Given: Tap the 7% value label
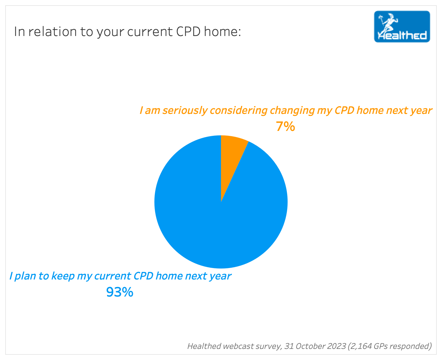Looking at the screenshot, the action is click(285, 127).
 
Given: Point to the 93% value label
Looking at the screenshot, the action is click(120, 292).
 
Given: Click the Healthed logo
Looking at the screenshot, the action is click(402, 27).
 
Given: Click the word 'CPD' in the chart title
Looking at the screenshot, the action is click(188, 32).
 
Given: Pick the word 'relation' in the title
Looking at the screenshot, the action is click(52, 32).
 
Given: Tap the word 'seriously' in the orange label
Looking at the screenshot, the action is click(185, 111).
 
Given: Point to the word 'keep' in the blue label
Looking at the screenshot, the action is click(63, 276).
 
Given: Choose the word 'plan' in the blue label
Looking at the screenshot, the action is click(25, 276).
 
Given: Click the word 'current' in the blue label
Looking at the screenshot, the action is click(113, 276).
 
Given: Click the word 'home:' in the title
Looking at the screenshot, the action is click(222, 32).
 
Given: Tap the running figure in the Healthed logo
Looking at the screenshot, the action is click(388, 24).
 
